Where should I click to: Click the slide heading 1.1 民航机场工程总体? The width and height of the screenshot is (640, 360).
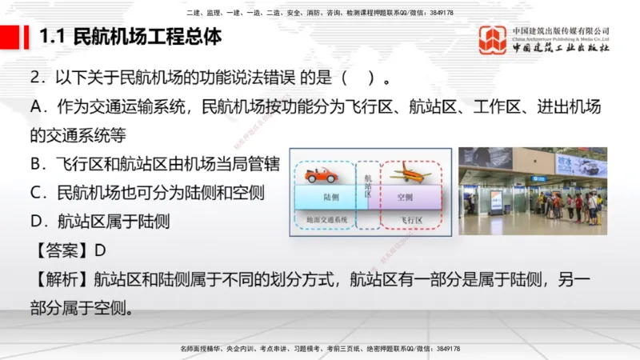click(x=130, y=37)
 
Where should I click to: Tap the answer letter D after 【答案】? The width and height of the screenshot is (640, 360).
click(x=100, y=250)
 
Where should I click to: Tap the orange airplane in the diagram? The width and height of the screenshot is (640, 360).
click(x=410, y=172)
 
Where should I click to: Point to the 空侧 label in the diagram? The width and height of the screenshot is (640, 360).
click(x=405, y=196)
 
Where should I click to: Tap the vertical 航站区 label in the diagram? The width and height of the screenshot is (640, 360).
click(x=368, y=187)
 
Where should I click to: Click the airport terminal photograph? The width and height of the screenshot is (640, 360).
click(x=532, y=191)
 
